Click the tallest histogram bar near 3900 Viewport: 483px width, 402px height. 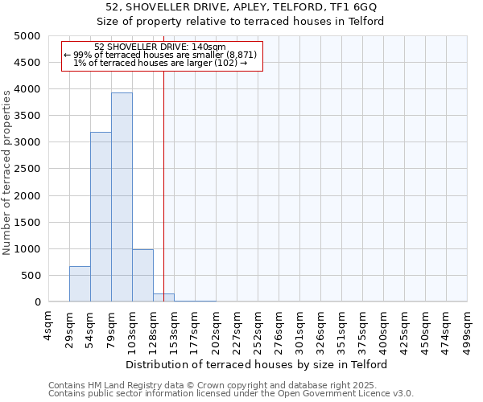122,197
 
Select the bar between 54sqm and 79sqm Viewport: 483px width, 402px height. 101,217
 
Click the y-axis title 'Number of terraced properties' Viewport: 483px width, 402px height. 7,172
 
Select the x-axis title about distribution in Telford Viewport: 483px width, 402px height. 258,364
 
